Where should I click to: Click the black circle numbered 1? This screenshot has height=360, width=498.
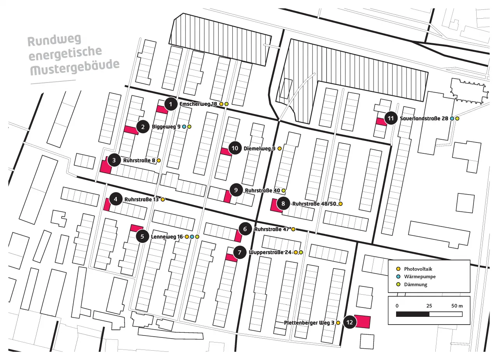(170, 104)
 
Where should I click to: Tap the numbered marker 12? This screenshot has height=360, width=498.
(349, 322)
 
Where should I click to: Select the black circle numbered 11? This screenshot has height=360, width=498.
(391, 118)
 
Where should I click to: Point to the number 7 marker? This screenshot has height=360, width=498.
(240, 253)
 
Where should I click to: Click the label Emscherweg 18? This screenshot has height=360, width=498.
(198, 104)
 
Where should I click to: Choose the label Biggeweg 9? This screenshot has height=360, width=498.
(166, 127)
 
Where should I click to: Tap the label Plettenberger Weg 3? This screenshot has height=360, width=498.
(309, 323)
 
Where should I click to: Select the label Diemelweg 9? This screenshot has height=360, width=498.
(260, 149)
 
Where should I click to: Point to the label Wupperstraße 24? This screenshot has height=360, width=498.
(270, 253)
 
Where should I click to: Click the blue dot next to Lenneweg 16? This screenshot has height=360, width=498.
(192, 237)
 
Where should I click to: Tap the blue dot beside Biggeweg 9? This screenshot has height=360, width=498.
(184, 127)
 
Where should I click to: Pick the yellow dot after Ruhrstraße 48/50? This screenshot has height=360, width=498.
(340, 204)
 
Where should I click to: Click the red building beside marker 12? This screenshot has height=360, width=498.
(363, 322)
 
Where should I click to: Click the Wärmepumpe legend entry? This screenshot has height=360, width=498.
(419, 277)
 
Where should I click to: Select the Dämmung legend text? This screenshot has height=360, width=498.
(416, 284)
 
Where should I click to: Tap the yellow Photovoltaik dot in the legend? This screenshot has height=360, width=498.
(398, 269)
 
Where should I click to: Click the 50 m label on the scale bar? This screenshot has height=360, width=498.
(457, 306)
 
